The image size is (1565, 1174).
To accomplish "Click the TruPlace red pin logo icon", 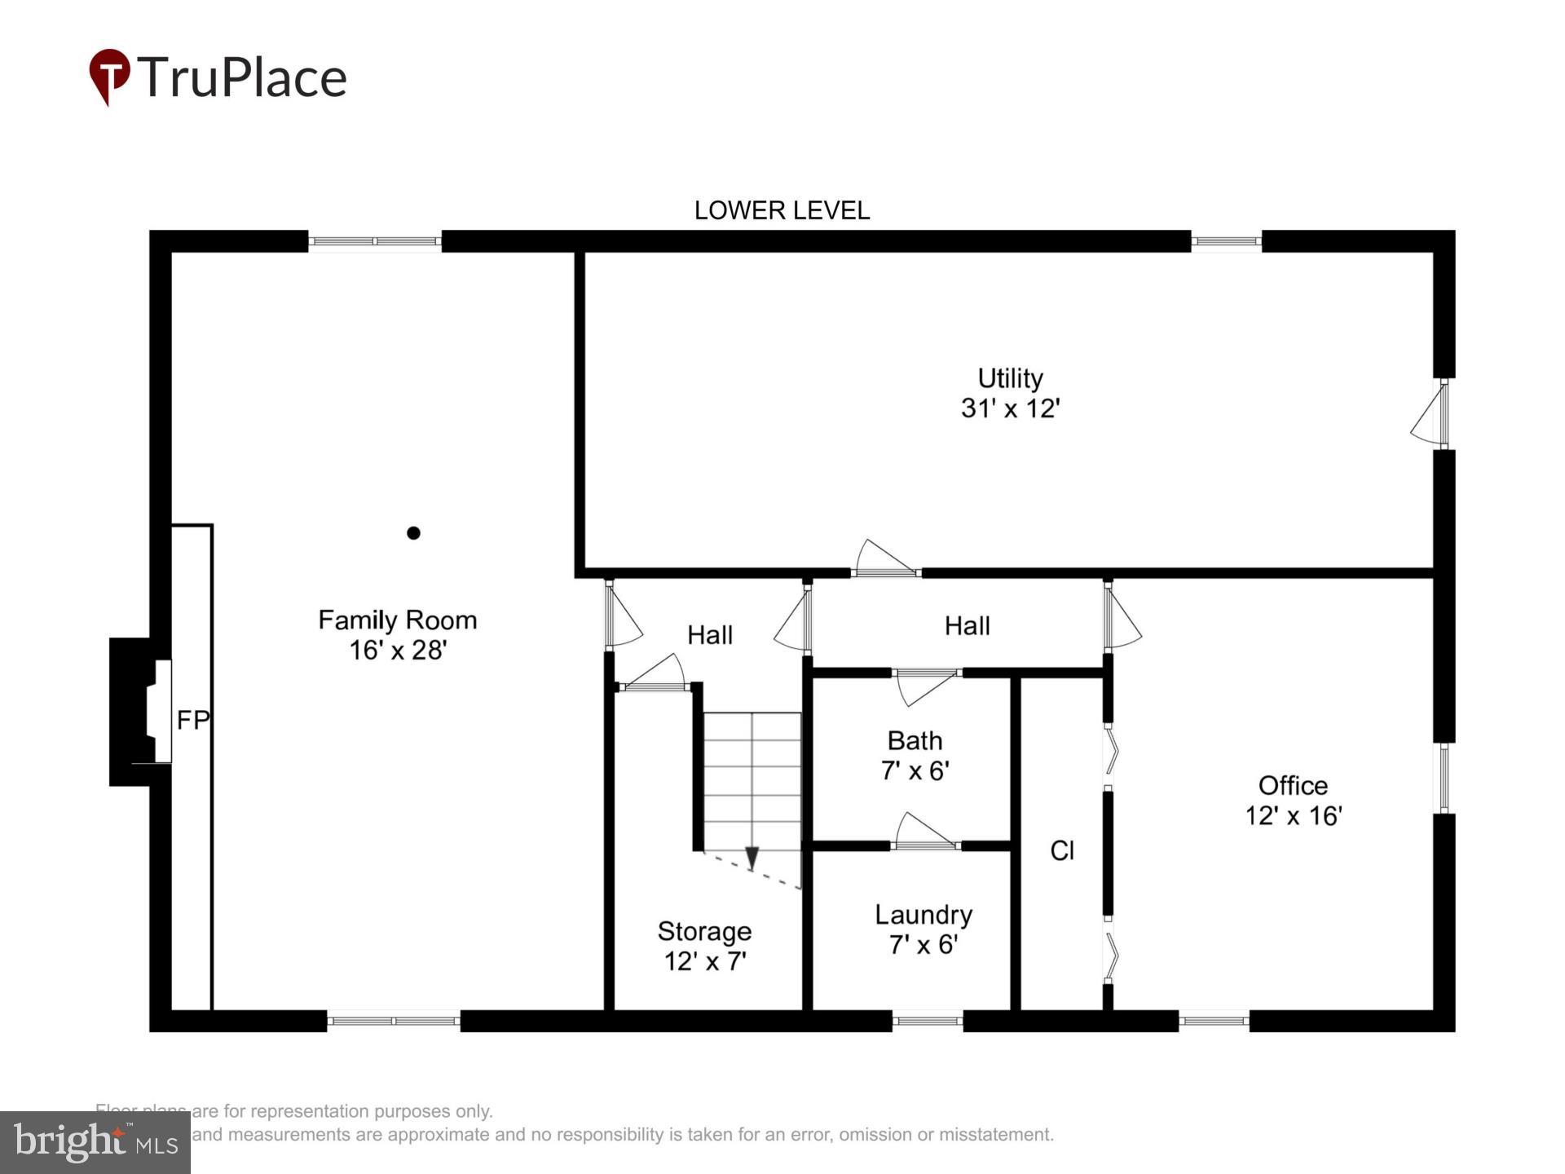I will pyautogui.click(x=109, y=76).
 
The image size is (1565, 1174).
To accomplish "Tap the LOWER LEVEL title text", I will pyautogui.click(x=781, y=210).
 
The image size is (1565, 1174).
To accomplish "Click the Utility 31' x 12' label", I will pyautogui.click(x=1010, y=393).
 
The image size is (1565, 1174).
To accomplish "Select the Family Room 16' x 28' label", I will pyautogui.click(x=397, y=635).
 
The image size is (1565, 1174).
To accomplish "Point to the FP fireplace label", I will pyautogui.click(x=193, y=720).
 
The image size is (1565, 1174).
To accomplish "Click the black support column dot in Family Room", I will pyautogui.click(x=413, y=533).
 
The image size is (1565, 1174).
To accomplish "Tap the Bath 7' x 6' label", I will pyautogui.click(x=915, y=756).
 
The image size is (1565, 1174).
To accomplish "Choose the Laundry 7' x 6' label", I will pyautogui.click(x=923, y=929).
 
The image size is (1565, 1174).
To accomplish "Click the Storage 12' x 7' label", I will pyautogui.click(x=704, y=946).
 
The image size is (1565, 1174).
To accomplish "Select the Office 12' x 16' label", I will pyautogui.click(x=1293, y=801).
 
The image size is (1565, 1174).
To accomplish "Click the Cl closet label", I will pyautogui.click(x=1062, y=851).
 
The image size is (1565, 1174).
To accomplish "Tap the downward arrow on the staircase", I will pyautogui.click(x=752, y=858).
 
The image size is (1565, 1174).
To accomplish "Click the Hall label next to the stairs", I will pyautogui.click(x=709, y=635).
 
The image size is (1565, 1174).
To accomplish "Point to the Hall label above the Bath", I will pyautogui.click(x=967, y=626).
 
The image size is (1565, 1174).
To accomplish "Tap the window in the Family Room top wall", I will pyautogui.click(x=375, y=241).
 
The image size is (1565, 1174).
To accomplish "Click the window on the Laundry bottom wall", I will pyautogui.click(x=927, y=1021).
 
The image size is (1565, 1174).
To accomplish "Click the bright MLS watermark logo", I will pyautogui.click(x=95, y=1142).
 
